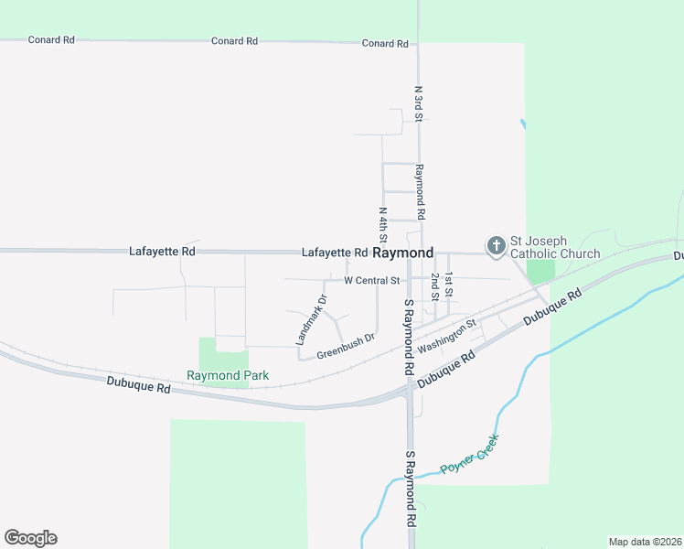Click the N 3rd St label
(418, 103)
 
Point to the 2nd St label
(435, 286)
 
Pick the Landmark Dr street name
(311, 319)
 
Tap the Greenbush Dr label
(346, 345)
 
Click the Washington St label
(447, 336)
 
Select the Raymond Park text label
(228, 375)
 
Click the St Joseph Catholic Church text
(555, 247)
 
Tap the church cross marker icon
(496, 245)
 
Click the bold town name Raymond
(402, 253)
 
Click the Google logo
(30, 538)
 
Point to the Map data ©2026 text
(645, 542)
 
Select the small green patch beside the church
(540, 271)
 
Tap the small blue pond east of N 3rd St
(523, 124)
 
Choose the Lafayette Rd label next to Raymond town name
(335, 253)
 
